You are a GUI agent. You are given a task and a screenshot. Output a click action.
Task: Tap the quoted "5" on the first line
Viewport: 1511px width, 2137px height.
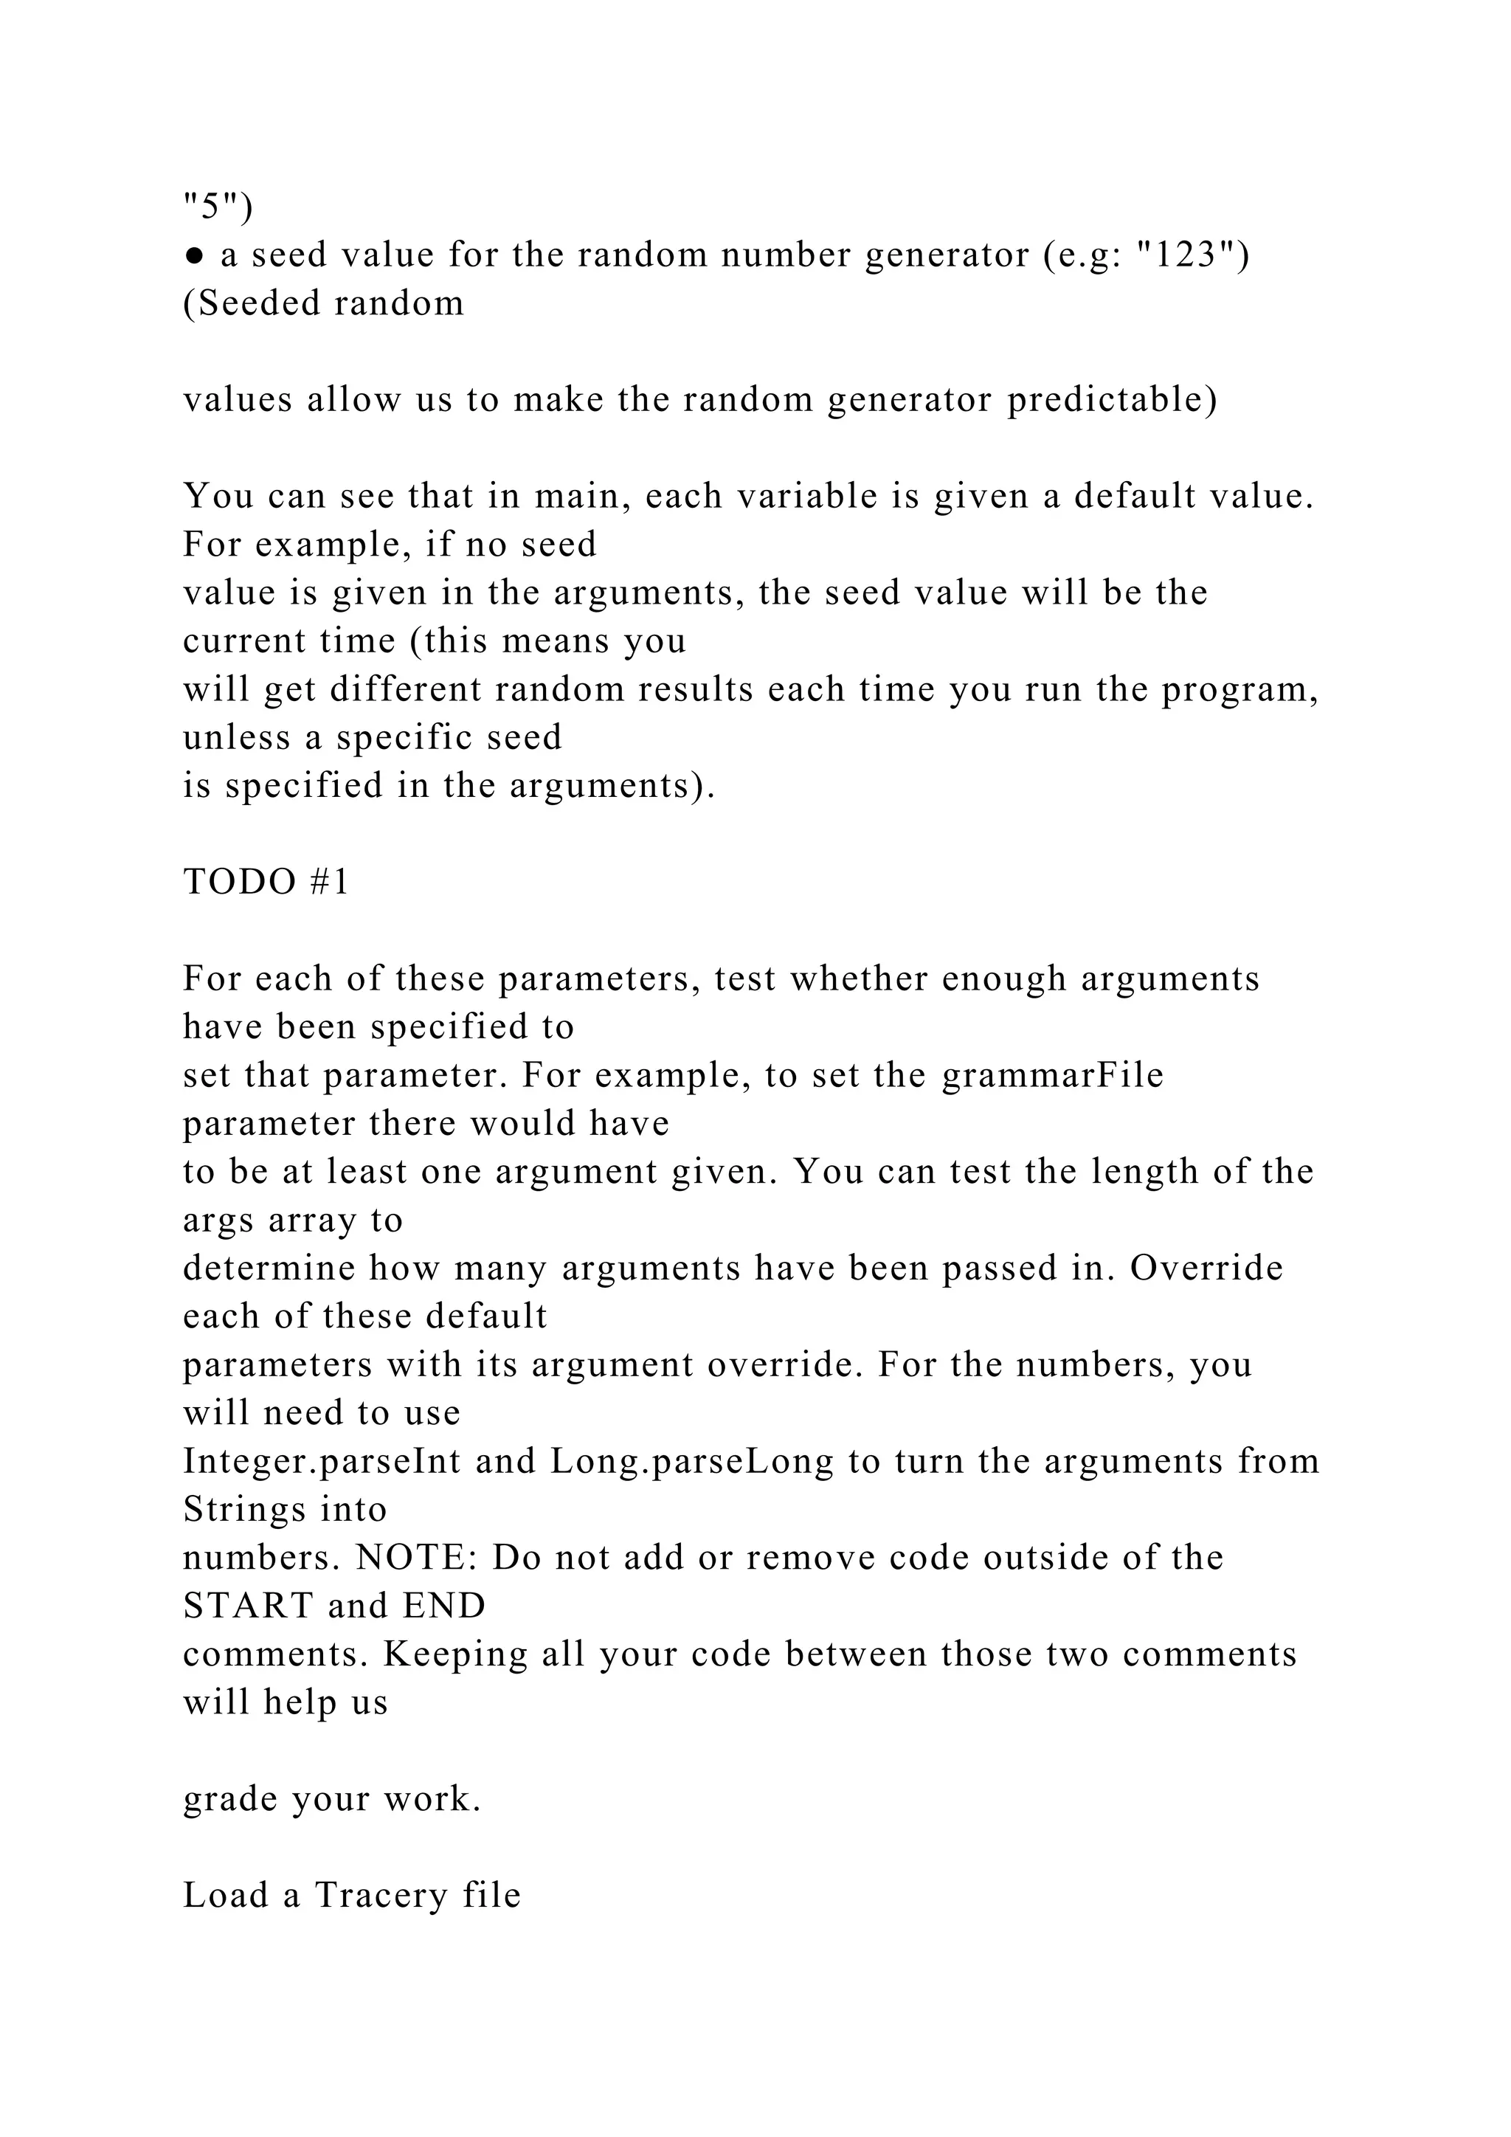[x=212, y=206]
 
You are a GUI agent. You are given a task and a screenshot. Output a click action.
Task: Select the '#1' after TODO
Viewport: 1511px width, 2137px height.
[x=328, y=883]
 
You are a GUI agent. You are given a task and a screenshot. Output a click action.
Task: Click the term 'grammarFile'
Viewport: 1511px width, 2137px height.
[x=1052, y=1076]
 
